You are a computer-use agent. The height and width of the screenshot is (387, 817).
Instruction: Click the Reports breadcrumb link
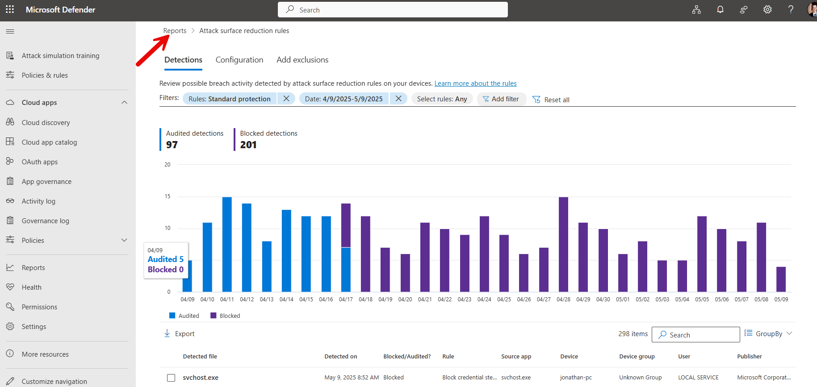pos(175,31)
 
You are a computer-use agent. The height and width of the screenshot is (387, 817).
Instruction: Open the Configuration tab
pos(239,60)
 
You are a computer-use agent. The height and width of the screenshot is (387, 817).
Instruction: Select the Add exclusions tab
pos(302,60)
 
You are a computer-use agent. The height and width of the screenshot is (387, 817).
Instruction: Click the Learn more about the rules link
pos(475,83)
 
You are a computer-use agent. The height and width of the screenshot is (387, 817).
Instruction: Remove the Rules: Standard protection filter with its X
pos(286,99)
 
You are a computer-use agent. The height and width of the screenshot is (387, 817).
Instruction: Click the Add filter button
pos(501,99)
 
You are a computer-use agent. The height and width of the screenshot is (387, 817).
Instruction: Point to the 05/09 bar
pos(781,279)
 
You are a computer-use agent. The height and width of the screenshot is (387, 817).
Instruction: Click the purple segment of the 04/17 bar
pos(346,225)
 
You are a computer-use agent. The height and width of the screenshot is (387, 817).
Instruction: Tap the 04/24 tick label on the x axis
pos(484,300)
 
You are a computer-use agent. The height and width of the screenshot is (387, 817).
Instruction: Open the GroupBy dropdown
pos(768,334)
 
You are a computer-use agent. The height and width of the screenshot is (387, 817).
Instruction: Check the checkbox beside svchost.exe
pos(171,378)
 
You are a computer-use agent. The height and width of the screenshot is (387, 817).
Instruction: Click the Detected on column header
pos(340,357)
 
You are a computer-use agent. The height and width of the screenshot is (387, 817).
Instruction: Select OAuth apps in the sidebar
pos(40,162)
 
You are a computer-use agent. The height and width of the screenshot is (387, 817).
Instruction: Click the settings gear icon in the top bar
pos(767,10)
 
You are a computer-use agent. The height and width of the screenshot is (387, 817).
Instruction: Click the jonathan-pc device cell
pos(576,378)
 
